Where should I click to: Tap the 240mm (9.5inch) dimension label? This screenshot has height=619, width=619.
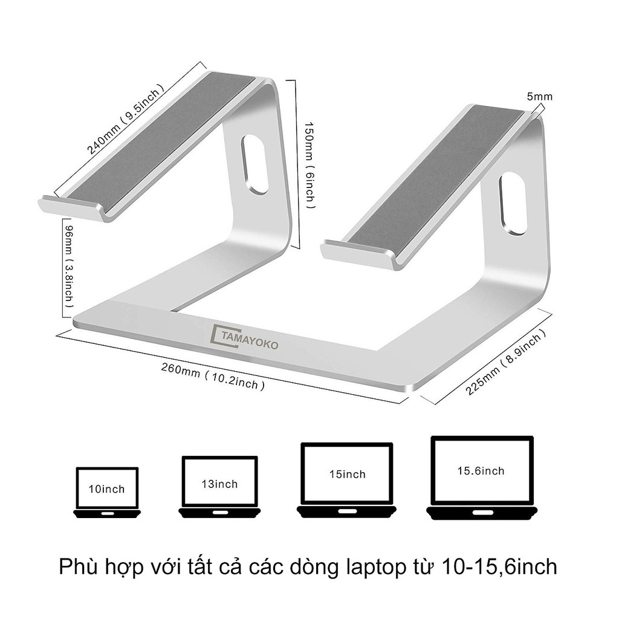(125, 119)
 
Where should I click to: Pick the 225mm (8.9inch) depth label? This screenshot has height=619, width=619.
(506, 363)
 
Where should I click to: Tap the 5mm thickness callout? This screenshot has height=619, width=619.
(540, 96)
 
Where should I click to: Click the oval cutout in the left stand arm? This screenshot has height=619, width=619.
(254, 164)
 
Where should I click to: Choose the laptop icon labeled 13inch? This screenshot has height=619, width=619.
(219, 487)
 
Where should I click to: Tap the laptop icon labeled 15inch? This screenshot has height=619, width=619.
(347, 479)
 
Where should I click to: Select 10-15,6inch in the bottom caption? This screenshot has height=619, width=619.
(500, 567)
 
